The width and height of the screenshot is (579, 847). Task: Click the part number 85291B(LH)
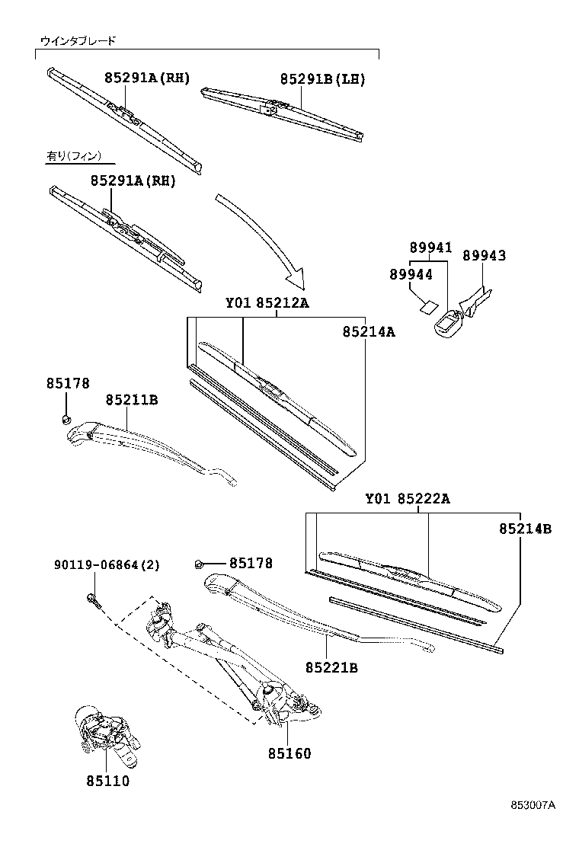tap(322, 78)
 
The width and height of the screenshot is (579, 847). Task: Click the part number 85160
tap(289, 753)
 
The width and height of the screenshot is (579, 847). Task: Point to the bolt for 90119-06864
tap(92, 600)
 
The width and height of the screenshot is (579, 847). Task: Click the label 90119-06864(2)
tap(107, 564)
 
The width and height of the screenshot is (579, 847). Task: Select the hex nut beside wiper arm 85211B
tap(66, 418)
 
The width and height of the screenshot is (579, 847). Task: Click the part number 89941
tap(430, 248)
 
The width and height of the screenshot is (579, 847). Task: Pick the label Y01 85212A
tap(267, 303)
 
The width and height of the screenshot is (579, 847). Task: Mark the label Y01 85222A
tap(408, 499)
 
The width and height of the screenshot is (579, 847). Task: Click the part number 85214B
tap(525, 528)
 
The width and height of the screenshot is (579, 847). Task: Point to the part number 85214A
tap(368, 331)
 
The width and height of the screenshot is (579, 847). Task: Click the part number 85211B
tap(132, 399)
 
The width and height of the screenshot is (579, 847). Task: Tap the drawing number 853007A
tap(533, 805)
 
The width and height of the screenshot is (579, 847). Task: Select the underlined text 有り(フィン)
tap(74, 156)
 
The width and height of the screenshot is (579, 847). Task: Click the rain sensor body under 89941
tap(448, 324)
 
